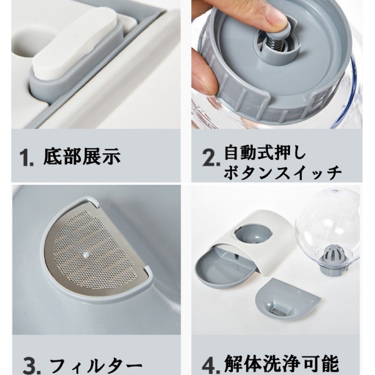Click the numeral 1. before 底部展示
[x=26, y=157]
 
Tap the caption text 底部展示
[x=82, y=156]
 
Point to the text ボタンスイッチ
[x=282, y=172]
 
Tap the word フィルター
[x=96, y=365]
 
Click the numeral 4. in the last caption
[x=211, y=365]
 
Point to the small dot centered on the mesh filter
[x=85, y=255]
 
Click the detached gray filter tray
[x=287, y=301]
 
